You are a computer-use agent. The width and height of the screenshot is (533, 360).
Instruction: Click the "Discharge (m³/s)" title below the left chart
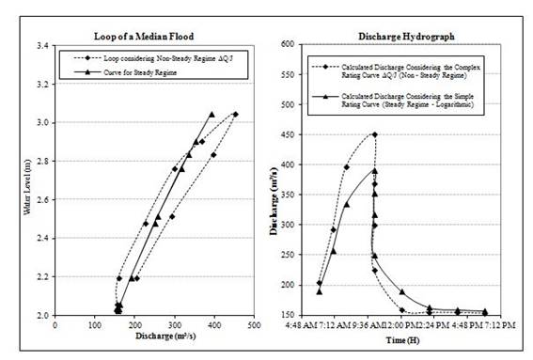151,336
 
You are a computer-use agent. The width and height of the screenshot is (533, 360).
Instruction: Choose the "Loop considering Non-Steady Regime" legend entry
161,58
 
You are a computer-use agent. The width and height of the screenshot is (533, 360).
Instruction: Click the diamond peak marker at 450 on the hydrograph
374,134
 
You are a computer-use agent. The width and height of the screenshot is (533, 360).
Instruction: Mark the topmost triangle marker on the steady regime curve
212,115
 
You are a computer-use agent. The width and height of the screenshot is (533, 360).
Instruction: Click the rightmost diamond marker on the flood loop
235,114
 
